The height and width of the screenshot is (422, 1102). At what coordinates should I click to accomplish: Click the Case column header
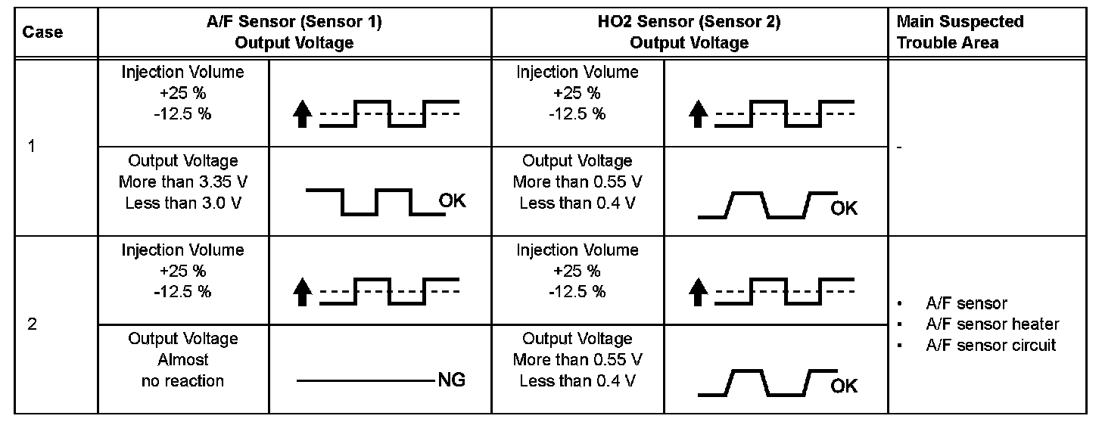tap(42, 33)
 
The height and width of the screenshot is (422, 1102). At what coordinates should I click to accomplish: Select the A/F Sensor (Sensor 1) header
tap(294, 32)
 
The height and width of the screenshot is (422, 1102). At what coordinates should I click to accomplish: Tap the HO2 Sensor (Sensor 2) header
tap(689, 32)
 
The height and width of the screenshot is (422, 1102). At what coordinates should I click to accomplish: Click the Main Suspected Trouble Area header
tap(960, 32)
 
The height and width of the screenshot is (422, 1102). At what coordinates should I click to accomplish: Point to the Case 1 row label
tap(32, 147)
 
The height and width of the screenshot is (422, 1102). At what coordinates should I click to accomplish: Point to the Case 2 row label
tap(32, 324)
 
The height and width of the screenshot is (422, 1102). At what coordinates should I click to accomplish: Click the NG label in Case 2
tap(451, 380)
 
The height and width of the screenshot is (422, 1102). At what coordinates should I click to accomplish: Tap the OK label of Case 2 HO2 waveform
tap(845, 386)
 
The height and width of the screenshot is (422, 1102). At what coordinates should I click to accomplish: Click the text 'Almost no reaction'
tap(182, 371)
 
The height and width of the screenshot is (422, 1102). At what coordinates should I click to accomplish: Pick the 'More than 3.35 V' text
tap(182, 182)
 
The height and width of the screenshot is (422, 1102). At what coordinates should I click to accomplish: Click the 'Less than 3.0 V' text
tap(182, 203)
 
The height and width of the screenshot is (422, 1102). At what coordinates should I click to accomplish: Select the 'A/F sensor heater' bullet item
tap(992, 324)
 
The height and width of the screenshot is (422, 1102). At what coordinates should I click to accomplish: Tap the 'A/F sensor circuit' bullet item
tap(991, 345)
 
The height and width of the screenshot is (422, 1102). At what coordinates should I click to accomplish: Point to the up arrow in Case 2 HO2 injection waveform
tap(699, 292)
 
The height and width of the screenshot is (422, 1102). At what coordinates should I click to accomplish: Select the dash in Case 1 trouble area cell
tap(899, 147)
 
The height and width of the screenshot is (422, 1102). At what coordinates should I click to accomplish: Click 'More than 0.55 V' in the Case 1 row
tap(577, 182)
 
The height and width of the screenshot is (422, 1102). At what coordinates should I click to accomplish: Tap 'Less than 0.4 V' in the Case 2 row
tap(577, 380)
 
